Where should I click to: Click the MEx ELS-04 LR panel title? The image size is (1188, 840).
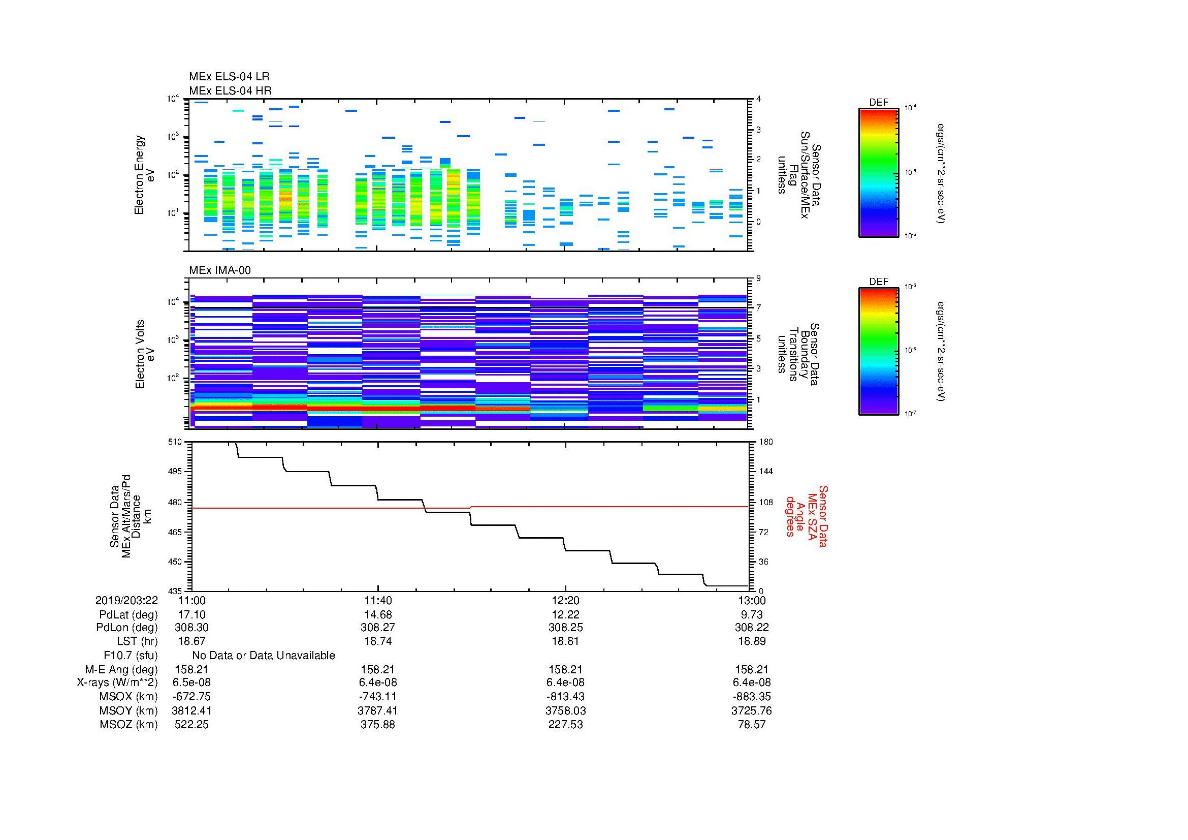(x=229, y=77)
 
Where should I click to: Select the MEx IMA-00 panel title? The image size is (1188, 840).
(x=220, y=270)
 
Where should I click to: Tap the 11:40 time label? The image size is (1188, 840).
(x=378, y=600)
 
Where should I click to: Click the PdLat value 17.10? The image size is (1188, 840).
(x=191, y=614)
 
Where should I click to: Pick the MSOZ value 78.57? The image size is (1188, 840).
(x=751, y=725)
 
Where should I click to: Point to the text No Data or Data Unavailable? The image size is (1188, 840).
(x=264, y=656)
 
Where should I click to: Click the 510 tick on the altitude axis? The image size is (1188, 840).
(x=175, y=442)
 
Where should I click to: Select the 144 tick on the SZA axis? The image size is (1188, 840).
(x=765, y=472)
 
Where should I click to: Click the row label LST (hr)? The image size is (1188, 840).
(x=137, y=641)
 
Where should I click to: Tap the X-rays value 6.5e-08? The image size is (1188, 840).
(x=191, y=682)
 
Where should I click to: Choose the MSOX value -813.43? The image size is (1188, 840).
(x=565, y=697)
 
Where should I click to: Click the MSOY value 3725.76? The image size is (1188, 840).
(x=751, y=710)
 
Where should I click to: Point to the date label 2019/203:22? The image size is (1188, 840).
(x=126, y=600)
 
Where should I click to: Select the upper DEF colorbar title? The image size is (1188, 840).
(x=878, y=103)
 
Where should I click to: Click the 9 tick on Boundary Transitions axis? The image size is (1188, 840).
(x=758, y=278)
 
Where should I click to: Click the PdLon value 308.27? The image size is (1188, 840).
(x=378, y=627)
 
